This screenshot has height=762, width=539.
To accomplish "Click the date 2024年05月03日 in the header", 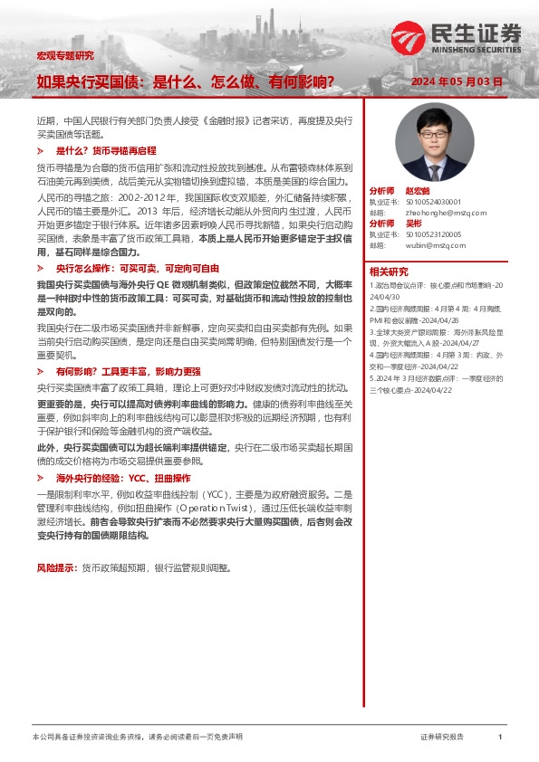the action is tap(457, 81).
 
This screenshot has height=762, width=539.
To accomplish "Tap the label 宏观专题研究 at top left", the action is tap(64, 55).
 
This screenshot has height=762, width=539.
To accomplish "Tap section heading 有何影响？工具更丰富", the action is tap(129, 371).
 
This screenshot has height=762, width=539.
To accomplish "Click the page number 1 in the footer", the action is tap(500, 738).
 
